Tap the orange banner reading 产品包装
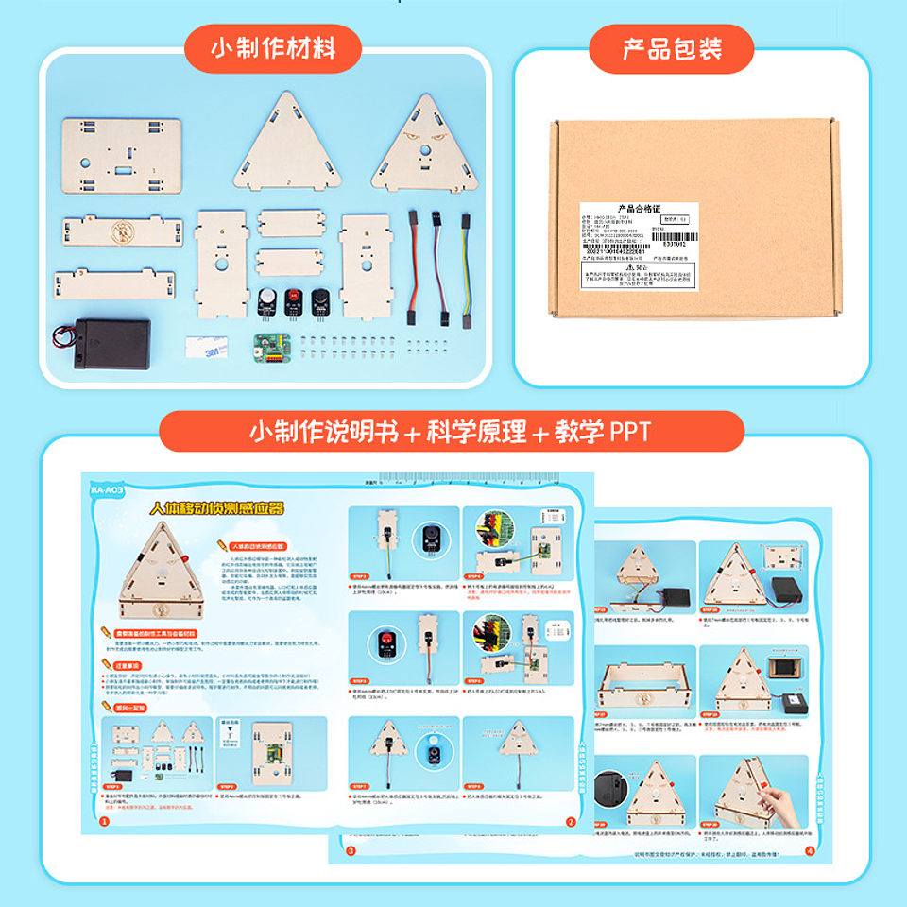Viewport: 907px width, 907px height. tap(672, 48)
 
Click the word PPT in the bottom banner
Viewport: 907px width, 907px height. tap(630, 432)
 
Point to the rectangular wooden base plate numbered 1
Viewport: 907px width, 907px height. tap(122, 157)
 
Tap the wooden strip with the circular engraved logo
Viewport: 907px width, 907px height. tap(122, 231)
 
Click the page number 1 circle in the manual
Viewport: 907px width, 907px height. tap(104, 822)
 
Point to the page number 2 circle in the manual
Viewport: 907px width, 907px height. tap(570, 822)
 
